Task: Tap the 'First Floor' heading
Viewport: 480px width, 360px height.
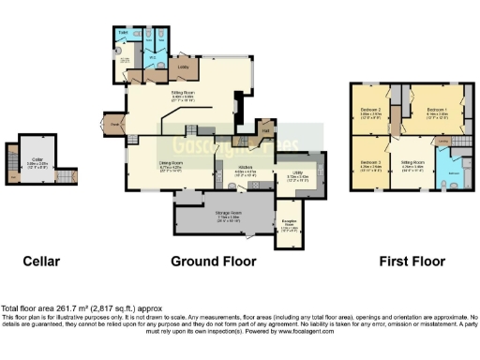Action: point(410,261)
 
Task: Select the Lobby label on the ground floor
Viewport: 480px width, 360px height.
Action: point(185,68)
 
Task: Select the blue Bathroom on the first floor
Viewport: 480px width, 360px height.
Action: point(454,173)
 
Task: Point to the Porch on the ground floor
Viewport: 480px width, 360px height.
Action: point(116,125)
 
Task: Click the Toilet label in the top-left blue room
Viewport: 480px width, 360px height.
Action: point(122,32)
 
